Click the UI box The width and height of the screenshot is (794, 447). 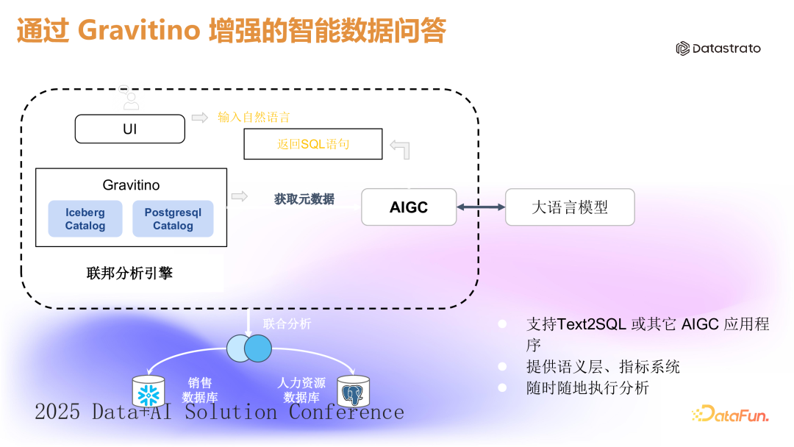(x=130, y=129)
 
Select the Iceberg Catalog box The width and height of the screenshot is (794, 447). (x=85, y=219)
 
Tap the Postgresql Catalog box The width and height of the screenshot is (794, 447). (x=173, y=219)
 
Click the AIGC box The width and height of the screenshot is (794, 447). (x=409, y=207)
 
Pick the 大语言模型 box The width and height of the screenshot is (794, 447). (x=570, y=207)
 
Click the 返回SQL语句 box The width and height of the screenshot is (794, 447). (x=313, y=144)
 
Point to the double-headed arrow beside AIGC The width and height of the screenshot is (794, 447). (x=481, y=207)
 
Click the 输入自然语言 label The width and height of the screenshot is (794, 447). (x=254, y=117)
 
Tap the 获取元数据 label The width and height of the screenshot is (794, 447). (x=304, y=199)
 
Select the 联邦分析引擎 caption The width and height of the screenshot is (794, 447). (x=129, y=273)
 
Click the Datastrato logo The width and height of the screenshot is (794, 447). (x=718, y=49)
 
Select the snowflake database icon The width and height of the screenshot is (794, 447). (x=148, y=392)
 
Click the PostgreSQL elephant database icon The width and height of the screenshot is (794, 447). (x=353, y=393)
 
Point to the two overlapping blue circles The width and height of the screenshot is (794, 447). (x=250, y=348)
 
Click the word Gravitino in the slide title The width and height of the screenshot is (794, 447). (x=139, y=30)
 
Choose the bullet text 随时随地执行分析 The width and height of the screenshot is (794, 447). (x=587, y=387)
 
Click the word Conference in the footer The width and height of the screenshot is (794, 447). (x=346, y=412)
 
